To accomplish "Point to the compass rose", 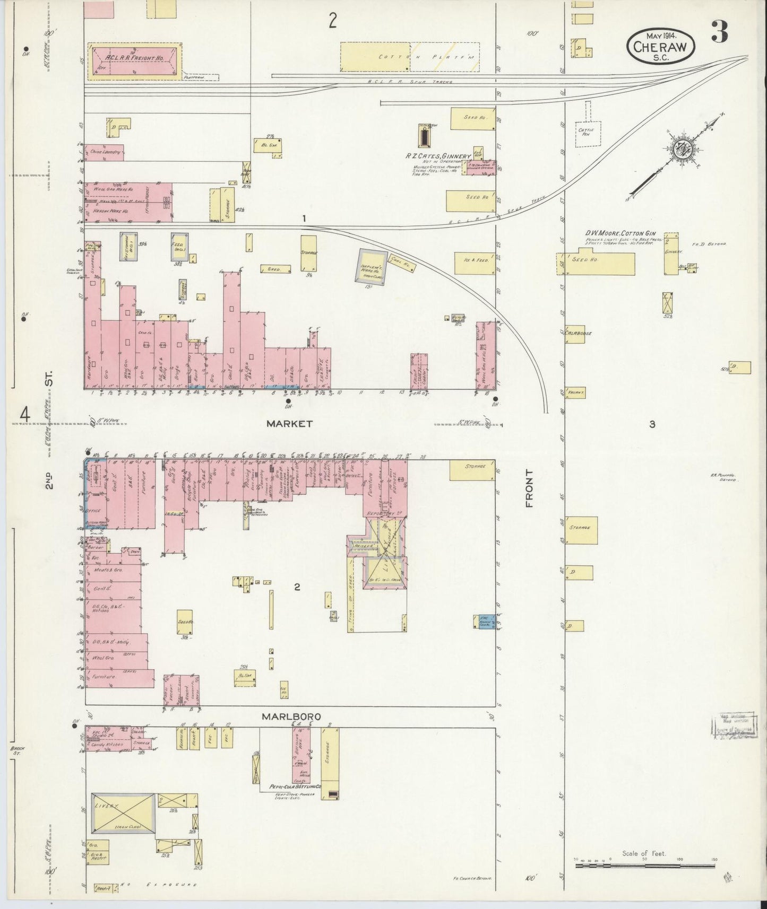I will click(679, 150).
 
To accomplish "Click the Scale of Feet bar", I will click(645, 866).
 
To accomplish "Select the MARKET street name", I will click(290, 424).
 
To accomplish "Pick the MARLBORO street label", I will click(291, 716).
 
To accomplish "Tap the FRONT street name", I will click(529, 488).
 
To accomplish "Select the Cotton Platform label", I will click(409, 56).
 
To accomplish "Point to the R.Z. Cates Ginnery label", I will click(442, 156).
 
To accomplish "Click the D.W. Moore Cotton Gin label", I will click(621, 233).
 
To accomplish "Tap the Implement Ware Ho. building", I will click(372, 264).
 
